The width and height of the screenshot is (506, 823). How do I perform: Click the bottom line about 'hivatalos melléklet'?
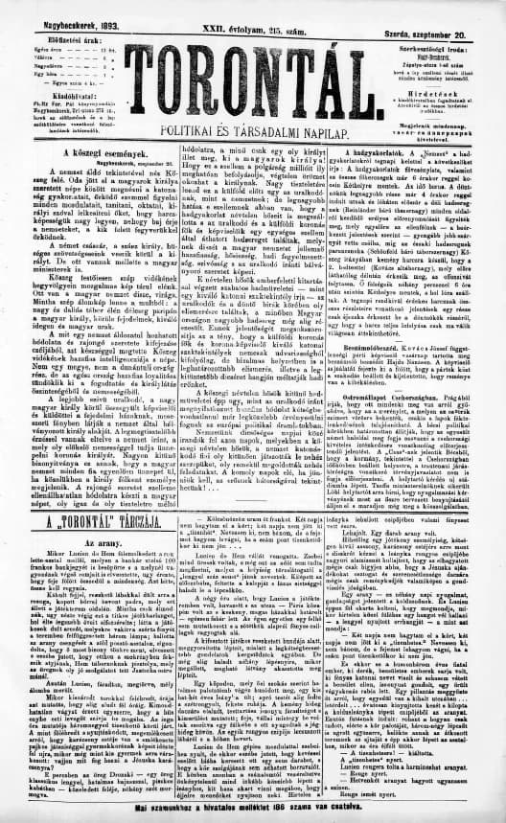(x=254, y=813)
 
